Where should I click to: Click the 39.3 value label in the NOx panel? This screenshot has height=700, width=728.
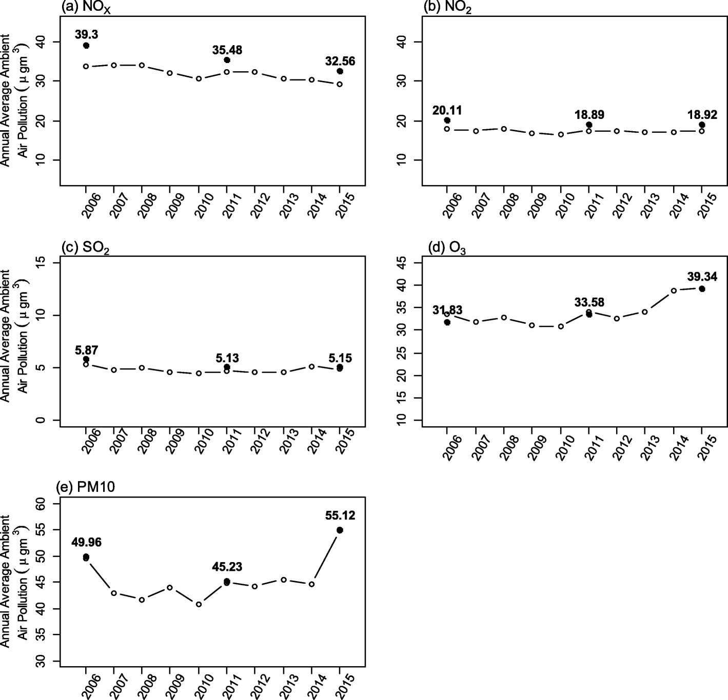click(x=86, y=35)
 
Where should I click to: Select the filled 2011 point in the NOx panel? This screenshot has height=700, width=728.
click(x=227, y=60)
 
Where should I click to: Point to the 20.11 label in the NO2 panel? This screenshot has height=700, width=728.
click(x=446, y=109)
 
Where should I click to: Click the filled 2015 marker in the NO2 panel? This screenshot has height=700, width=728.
click(x=701, y=125)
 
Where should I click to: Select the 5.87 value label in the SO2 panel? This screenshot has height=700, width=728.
click(x=86, y=350)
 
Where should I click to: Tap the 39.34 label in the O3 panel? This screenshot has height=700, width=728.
click(x=702, y=277)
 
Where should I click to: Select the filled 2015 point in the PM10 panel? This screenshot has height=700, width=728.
click(x=340, y=530)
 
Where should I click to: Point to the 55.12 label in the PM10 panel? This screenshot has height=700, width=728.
click(x=340, y=516)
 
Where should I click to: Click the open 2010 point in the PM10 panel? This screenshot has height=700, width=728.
click(x=199, y=604)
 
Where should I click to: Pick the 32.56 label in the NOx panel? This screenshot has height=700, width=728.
click(x=340, y=61)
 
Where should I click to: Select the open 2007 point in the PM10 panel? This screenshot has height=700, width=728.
click(x=114, y=593)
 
